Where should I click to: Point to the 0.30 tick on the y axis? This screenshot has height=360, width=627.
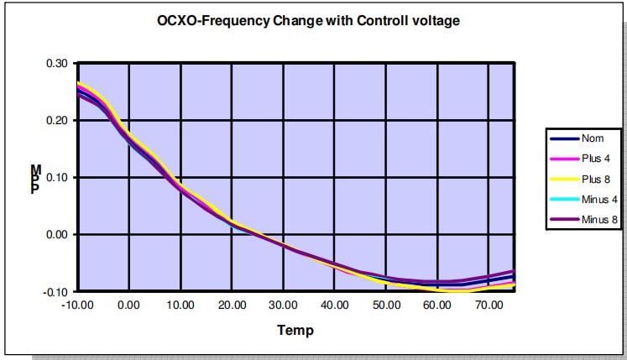coord(57,63)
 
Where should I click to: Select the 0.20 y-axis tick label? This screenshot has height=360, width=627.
coord(57,120)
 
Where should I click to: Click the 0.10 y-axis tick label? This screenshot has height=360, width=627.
coord(57,177)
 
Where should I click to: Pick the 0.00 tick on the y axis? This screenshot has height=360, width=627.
coord(57,234)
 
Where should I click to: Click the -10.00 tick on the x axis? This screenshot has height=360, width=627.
coord(77,305)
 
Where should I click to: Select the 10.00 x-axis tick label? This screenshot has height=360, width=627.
coord(180,305)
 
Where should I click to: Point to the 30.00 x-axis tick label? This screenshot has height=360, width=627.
coord(284,305)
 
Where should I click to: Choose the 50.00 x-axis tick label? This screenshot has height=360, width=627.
coord(387,305)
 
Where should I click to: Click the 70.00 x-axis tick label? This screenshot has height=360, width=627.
coord(489,305)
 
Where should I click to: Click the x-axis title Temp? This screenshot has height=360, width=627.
coord(295,330)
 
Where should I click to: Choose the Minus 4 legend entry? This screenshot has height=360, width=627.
coord(599,200)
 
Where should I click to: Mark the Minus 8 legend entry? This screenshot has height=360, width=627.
coord(599,220)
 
